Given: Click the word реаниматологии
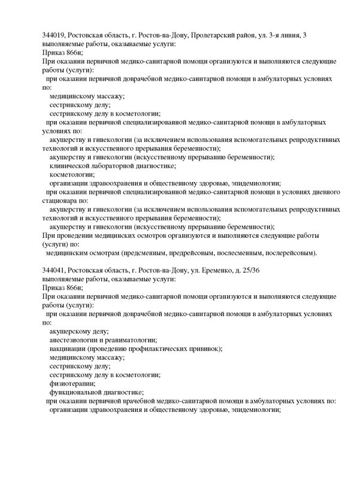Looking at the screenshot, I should pos(132,340).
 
